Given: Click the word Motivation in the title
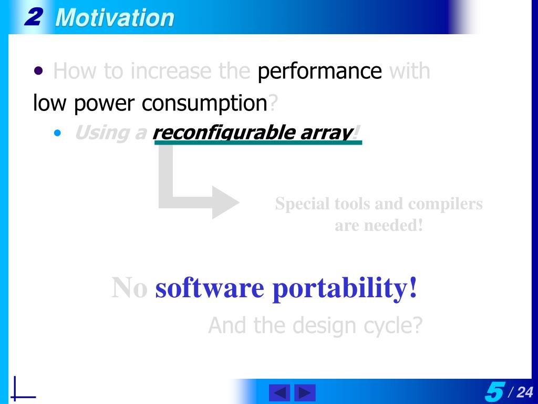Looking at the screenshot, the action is (x=115, y=17).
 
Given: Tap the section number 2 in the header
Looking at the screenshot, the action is (x=34, y=17).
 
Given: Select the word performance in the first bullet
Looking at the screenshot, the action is (x=320, y=72).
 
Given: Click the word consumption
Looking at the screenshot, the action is (x=204, y=103).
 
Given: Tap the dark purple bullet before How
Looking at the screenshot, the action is (x=38, y=71).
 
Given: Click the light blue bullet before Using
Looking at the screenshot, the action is (x=57, y=133).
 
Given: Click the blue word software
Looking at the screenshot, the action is (x=210, y=288).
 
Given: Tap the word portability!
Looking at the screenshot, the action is (x=345, y=289).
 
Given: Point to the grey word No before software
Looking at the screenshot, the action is (x=129, y=288).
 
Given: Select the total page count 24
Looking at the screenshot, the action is (x=525, y=392).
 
